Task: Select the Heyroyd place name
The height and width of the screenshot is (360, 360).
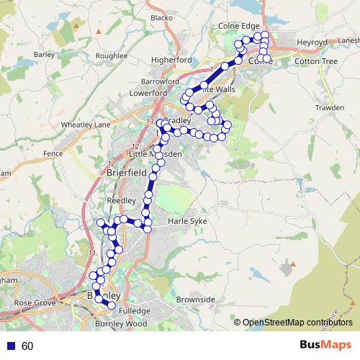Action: point(311,42)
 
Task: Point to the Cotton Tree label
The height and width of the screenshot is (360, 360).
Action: point(316,62)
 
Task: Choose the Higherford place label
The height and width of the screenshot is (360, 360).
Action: point(171,60)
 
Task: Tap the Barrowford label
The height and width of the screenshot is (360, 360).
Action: point(160,82)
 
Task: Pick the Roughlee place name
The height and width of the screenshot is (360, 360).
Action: point(111,55)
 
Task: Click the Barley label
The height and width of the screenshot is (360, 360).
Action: point(44,54)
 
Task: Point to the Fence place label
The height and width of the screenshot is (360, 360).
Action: point(53,153)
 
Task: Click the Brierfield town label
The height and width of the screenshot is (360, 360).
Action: point(126,173)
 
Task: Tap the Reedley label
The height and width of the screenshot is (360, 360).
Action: point(121,200)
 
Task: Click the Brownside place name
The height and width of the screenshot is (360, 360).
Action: point(196,299)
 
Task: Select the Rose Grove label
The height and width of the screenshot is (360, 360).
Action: point(35,303)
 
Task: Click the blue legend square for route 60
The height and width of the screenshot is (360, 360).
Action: point(10,346)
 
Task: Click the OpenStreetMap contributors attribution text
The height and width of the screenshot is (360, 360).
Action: point(298,323)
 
